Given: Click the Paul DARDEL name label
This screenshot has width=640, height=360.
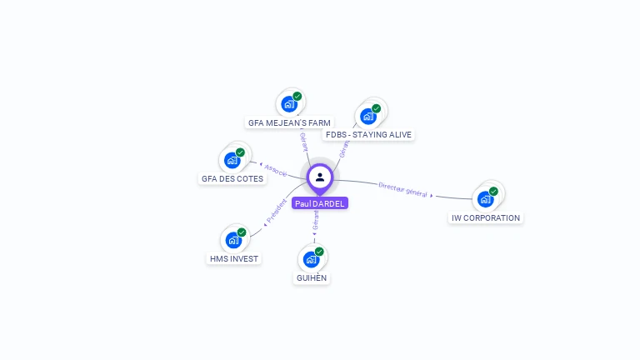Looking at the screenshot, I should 319,203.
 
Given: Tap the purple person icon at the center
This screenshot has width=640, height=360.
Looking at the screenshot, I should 320,177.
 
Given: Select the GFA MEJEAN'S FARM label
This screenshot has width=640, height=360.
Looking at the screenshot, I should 289,122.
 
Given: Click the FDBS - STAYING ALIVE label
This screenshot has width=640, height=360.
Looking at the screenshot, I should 368,134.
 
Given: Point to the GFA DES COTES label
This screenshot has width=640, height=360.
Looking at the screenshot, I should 232,178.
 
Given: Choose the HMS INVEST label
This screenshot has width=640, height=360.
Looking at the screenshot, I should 234,258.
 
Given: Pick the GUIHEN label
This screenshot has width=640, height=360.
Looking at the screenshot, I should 312,277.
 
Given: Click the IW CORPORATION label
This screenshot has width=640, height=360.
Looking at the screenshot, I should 486,217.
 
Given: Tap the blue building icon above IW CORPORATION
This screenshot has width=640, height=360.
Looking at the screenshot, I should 486,199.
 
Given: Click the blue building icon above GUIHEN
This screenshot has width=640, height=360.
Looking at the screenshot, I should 312,259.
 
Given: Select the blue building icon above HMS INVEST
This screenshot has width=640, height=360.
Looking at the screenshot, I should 234,240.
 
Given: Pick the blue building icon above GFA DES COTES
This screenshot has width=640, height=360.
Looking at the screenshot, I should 232,160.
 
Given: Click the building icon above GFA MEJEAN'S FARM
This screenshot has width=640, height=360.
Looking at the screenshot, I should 289,104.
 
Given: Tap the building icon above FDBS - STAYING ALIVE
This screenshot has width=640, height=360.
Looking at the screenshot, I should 368,116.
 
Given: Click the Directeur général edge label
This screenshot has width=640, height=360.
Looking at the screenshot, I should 403,189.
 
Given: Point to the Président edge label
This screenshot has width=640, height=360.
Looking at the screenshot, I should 277,212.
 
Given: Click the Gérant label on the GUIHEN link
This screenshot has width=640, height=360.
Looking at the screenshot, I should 316,220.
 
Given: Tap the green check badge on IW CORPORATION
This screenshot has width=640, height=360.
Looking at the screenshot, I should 493,192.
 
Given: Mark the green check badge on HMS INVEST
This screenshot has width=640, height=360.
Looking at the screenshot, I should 242,232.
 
